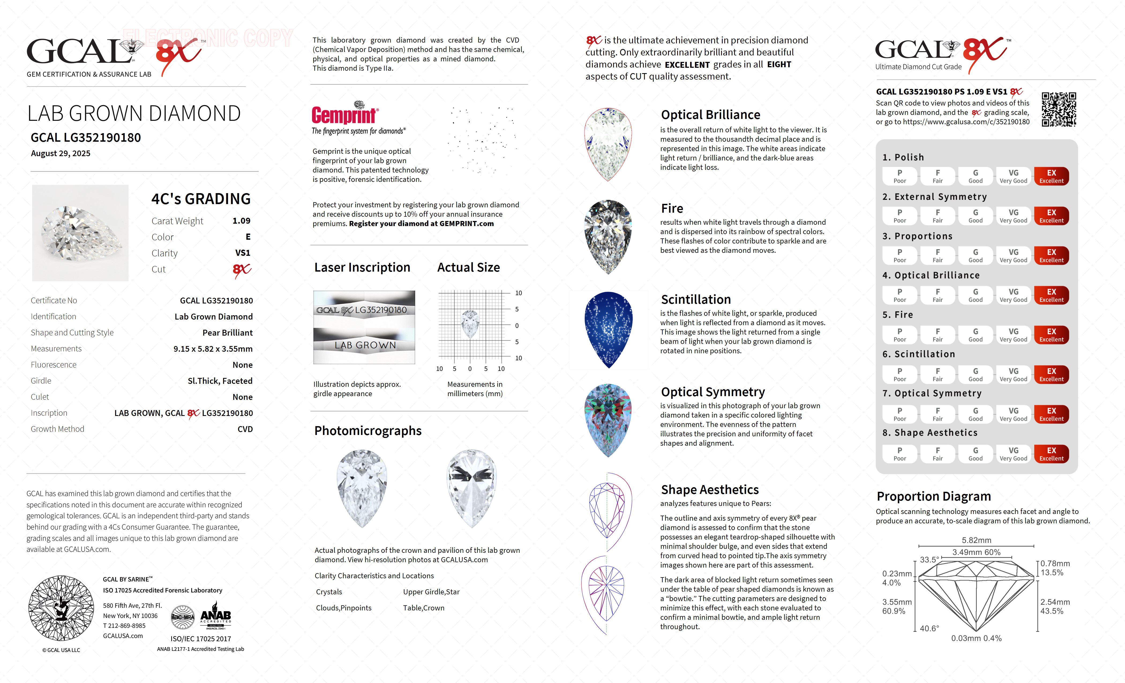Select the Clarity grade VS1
point(242,253)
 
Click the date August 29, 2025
point(61,153)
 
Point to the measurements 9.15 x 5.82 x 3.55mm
point(213,349)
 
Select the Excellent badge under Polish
point(1051,176)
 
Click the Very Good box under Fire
point(1013,335)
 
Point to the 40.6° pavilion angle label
point(929,628)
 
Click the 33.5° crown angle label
point(929,560)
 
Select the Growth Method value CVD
point(245,429)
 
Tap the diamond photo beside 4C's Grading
point(80,233)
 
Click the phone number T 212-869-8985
point(124,625)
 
